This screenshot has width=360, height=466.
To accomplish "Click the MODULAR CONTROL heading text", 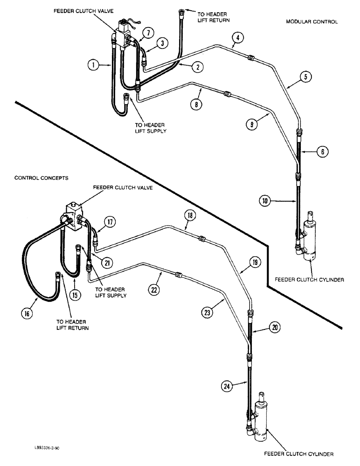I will click(312, 22).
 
